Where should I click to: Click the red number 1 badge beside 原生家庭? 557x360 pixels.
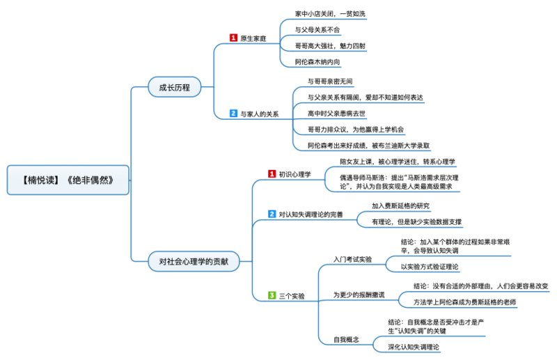pyautogui.click(x=233, y=38)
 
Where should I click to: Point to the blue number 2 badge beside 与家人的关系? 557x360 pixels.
pyautogui.click(x=233, y=113)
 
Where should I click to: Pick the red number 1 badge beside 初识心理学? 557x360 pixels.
pyautogui.click(x=272, y=173)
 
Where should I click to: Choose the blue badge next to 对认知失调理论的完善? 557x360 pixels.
pyautogui.click(x=272, y=214)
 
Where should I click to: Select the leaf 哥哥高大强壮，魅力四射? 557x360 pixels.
pyautogui.click(x=330, y=46)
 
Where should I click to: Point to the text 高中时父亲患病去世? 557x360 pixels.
pyautogui.click(x=336, y=113)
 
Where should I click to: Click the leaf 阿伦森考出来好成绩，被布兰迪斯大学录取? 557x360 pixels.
pyautogui.click(x=369, y=146)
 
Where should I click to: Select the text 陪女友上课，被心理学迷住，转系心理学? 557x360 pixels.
pyautogui.click(x=398, y=162)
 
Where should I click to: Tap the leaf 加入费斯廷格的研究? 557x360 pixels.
pyautogui.click(x=400, y=205)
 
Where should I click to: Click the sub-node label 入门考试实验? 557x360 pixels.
pyautogui.click(x=352, y=259)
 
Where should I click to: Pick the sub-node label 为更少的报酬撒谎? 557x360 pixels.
pyautogui.click(x=358, y=295)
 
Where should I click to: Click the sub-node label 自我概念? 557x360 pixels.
pyautogui.click(x=346, y=339)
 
